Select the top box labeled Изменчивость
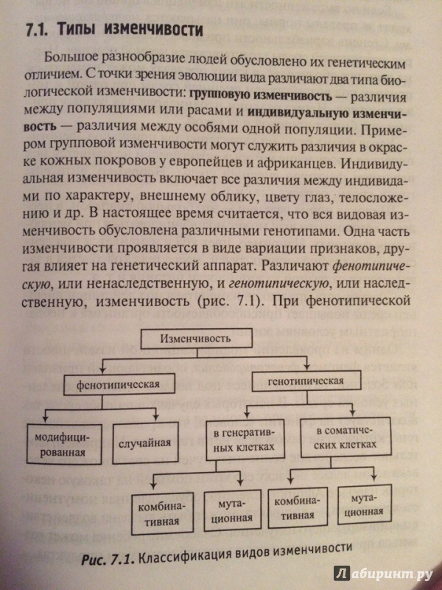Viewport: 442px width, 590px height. pyautogui.click(x=196, y=339)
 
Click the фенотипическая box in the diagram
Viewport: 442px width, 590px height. pyautogui.click(x=118, y=384)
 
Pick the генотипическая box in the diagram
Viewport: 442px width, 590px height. pyautogui.click(x=306, y=381)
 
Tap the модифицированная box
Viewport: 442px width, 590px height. pyautogui.click(x=65, y=444)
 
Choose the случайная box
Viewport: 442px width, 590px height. pyautogui.click(x=145, y=442)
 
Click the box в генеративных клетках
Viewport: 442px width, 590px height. pyautogui.click(x=245, y=440)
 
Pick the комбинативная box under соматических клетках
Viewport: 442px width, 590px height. pyautogui.click(x=298, y=507)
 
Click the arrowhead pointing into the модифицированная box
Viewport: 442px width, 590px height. pyautogui.click(x=46, y=417)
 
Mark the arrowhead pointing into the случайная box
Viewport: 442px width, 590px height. pyautogui.click(x=155, y=416)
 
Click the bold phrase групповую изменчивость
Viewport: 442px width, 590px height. pyautogui.click(x=262, y=96)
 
